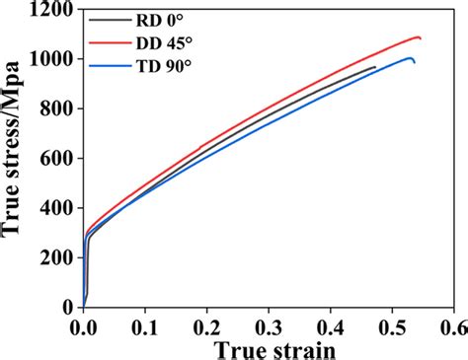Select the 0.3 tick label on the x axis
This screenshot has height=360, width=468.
point(269,324)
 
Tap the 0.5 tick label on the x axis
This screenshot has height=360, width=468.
point(392,324)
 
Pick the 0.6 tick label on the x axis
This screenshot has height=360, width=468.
point(452,324)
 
